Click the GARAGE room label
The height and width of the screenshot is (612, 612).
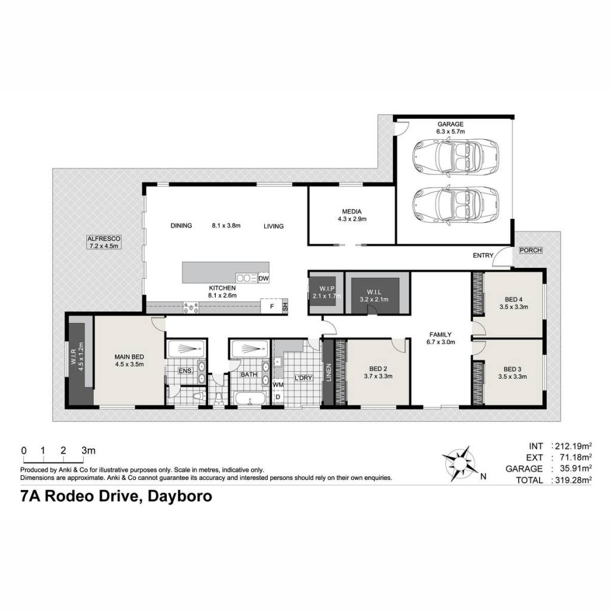coord(451,124)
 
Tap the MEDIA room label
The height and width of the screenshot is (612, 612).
coord(351,212)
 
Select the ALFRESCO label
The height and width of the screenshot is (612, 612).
coord(104,238)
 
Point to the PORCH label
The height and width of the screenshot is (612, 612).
coord(531,250)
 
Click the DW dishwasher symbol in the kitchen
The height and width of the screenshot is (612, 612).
coord(264,279)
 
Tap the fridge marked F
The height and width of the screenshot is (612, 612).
coord(272,307)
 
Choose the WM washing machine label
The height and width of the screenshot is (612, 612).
coord(278,385)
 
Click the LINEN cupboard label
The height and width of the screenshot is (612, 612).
coord(329,373)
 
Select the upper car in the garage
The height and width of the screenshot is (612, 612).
coord(455,157)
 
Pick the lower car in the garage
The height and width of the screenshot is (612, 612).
coord(455,203)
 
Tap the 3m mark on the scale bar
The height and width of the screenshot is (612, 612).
coord(88,451)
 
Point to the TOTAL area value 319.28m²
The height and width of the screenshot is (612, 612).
coord(573,480)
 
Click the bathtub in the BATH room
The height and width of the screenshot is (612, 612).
coord(250,399)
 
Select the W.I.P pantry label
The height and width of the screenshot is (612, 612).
coord(327,289)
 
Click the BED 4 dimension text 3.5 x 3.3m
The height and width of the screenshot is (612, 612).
coord(513,307)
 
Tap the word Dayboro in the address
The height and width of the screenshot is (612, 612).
coord(180,496)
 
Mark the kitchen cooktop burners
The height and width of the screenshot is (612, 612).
coord(191,308)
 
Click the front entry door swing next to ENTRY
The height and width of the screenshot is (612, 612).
coord(502,256)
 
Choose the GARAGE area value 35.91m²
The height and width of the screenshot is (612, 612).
coord(573,469)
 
